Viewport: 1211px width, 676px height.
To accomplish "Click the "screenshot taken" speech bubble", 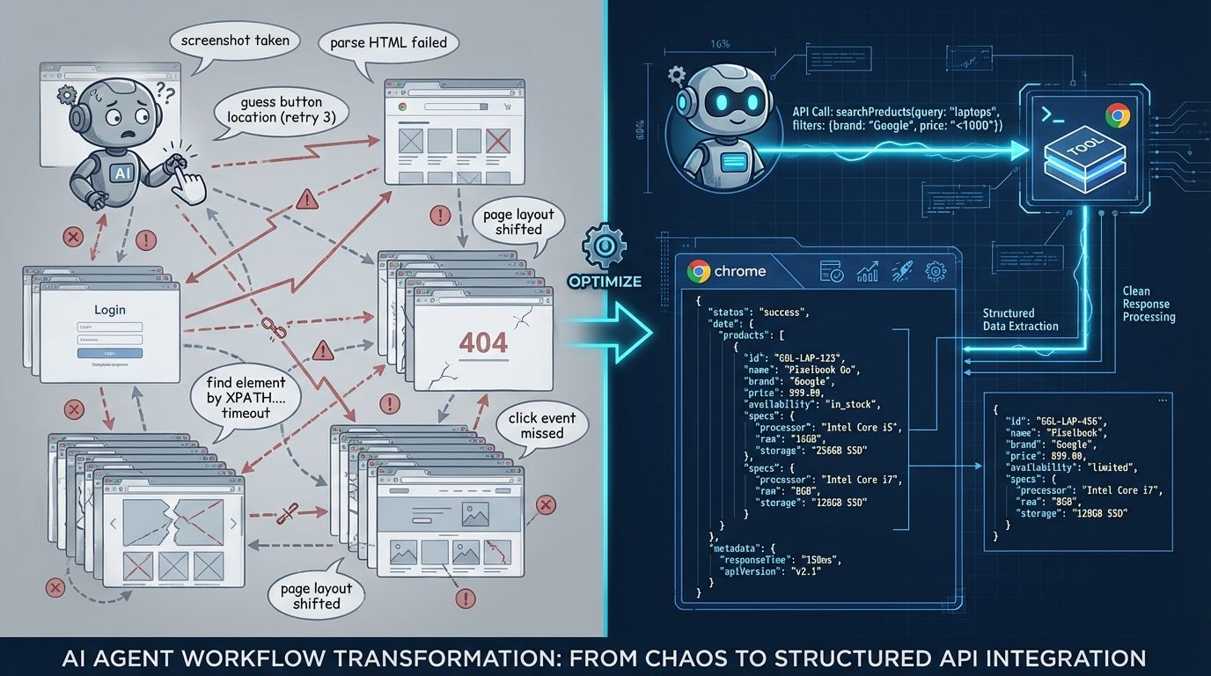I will (x=235, y=40).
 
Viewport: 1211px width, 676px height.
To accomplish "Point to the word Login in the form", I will (x=109, y=310).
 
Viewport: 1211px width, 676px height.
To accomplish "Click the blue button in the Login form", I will (x=109, y=352).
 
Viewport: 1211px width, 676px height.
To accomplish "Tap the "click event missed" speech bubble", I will (x=541, y=426).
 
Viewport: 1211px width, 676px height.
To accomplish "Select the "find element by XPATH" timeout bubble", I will (x=246, y=397).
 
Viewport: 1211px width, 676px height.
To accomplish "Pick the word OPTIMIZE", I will (x=604, y=283).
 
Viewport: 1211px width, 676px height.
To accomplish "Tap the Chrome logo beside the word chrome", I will (x=699, y=271).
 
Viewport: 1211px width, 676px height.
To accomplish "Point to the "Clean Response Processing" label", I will (x=1149, y=304).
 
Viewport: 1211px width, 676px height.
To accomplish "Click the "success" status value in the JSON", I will (x=782, y=312).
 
